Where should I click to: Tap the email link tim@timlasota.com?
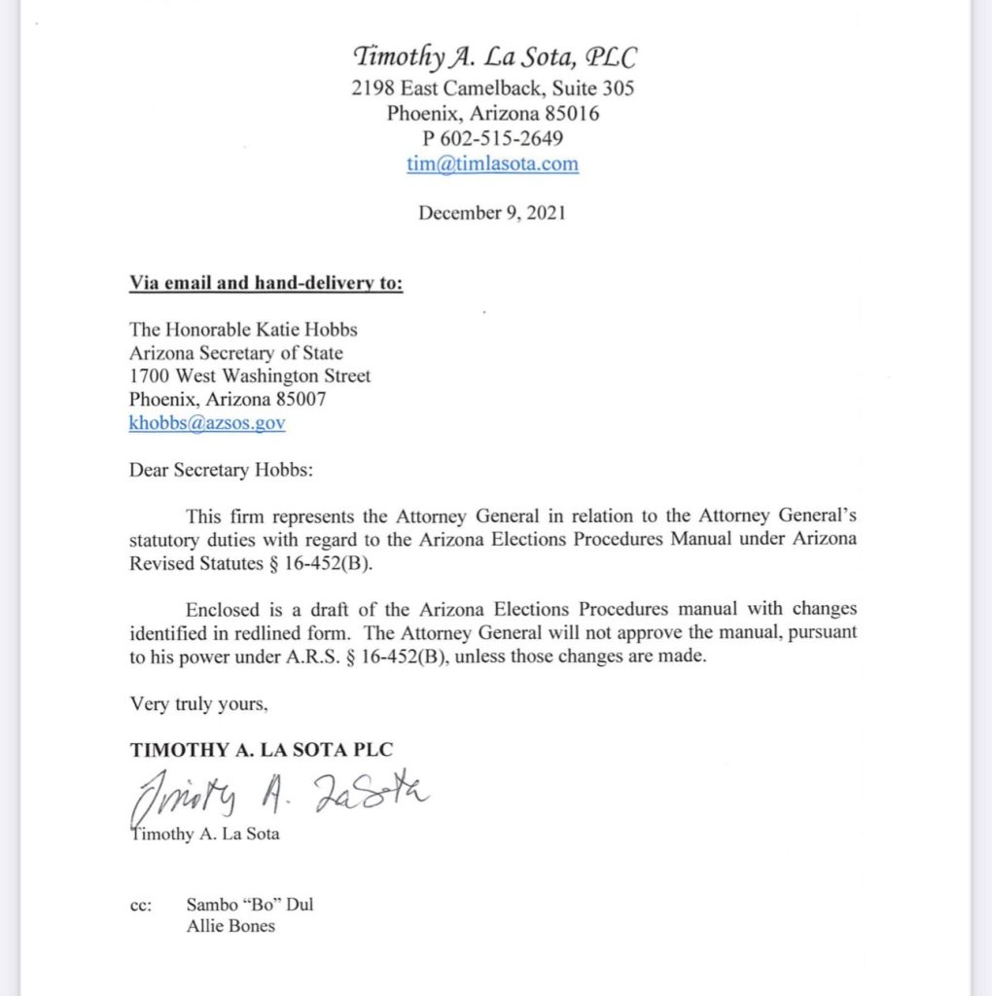492,163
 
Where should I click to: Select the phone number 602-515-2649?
504,138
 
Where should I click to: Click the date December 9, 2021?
492,213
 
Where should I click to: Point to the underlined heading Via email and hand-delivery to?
266,283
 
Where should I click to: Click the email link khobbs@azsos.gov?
207,423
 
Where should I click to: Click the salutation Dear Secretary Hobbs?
223,471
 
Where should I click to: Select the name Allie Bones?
230,926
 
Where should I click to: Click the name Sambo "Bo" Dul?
250,905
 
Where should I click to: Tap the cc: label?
140,905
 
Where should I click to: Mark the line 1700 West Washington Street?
250,375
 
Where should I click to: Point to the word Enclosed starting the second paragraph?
223,610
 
